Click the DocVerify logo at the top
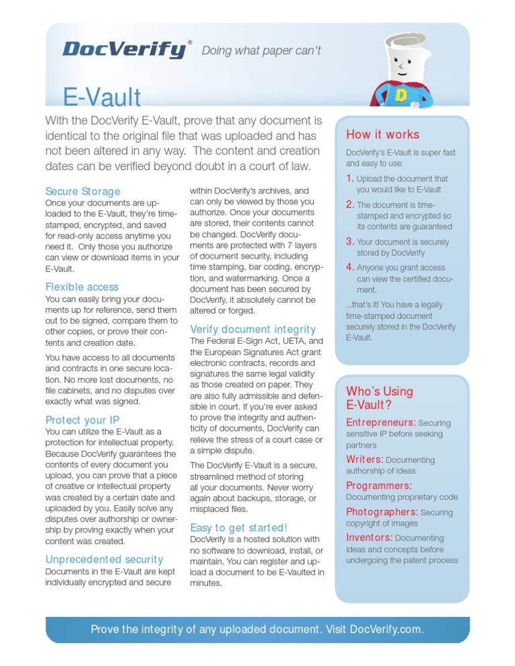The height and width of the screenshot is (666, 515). point(125,50)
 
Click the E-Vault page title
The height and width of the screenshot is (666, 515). point(102,98)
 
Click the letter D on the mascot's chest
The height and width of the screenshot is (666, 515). point(401,95)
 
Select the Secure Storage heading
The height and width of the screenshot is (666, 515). point(82,192)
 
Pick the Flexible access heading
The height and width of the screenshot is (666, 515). point(82,287)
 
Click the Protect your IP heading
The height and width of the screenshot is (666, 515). point(82,420)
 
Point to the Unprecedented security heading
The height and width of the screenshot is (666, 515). point(104,559)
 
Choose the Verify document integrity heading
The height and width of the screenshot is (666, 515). point(253,329)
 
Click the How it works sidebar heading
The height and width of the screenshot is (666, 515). point(382,135)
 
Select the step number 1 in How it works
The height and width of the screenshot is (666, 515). point(349,178)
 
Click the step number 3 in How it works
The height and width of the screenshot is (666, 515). point(349,241)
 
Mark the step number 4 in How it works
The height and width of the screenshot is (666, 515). point(349,267)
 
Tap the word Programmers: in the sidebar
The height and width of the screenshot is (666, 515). point(379,485)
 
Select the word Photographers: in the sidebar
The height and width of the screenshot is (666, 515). point(382,512)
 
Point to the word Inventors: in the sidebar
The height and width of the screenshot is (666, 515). point(369,537)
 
